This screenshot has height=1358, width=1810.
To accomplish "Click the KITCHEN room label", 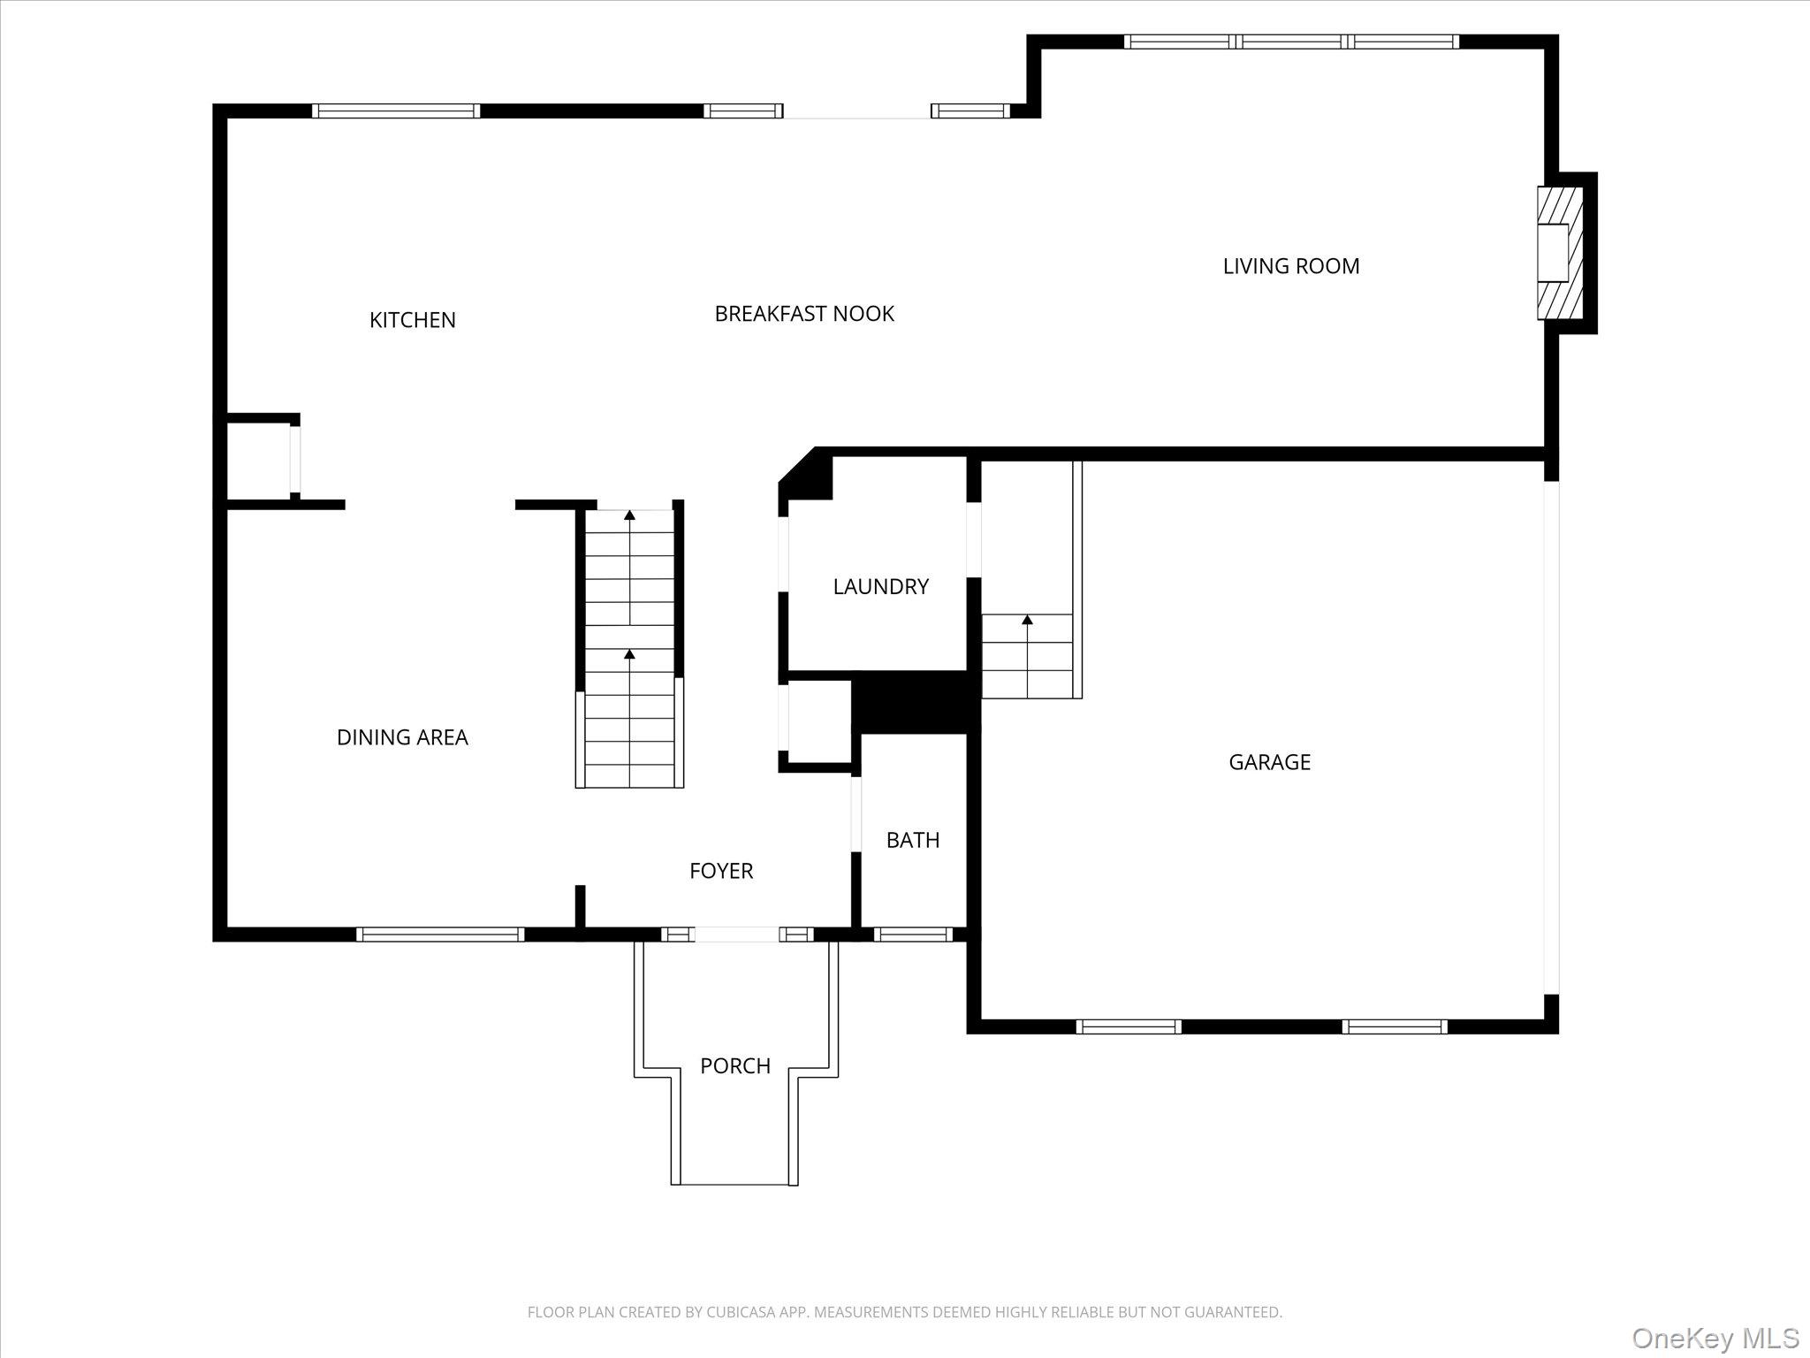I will [x=412, y=320].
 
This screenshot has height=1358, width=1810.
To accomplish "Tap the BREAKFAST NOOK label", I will [x=803, y=314].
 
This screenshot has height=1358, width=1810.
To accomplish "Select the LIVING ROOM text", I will [x=1290, y=266].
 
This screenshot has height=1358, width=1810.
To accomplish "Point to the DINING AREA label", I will [x=402, y=737].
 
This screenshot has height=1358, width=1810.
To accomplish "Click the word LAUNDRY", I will [x=880, y=587].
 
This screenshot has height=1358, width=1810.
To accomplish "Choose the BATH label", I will [x=912, y=840].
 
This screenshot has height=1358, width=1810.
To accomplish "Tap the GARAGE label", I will [x=1269, y=762].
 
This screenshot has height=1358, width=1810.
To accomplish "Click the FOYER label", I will [x=721, y=871].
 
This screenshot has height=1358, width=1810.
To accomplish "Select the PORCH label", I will [x=734, y=1066].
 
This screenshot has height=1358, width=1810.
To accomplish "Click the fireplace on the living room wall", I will [x=1558, y=253].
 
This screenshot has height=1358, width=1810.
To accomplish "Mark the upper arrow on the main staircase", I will [x=629, y=515].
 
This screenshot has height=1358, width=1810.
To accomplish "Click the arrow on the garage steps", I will [x=1027, y=621].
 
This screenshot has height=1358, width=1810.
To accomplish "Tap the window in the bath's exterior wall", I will [x=913, y=935].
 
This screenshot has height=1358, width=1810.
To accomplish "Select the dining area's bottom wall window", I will [x=440, y=935].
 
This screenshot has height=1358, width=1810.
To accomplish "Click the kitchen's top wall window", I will [x=396, y=111].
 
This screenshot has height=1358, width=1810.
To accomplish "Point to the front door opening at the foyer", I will [x=737, y=935].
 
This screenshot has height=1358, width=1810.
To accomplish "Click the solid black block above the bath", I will [x=916, y=703].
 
